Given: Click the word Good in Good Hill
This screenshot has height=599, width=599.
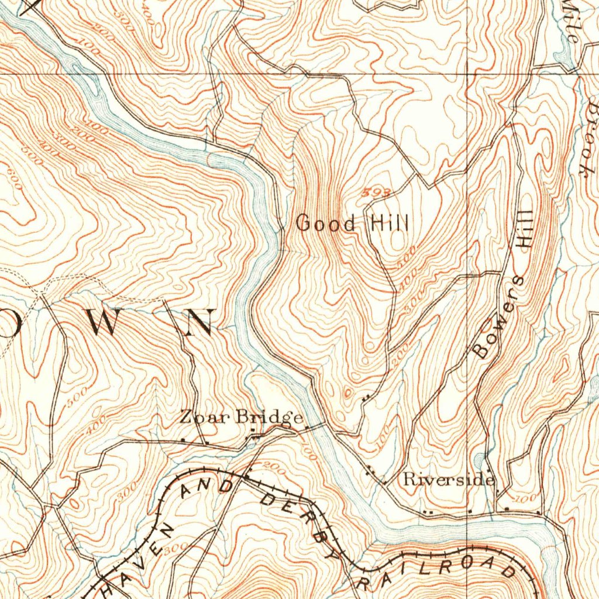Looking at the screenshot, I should pyautogui.click(x=326, y=223).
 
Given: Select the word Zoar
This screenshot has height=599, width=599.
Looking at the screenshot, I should pyautogui.click(x=205, y=417).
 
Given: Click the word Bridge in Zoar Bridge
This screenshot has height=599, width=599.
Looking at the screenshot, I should pyautogui.click(x=270, y=418).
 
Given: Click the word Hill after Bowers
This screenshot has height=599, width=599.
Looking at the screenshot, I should pyautogui.click(x=525, y=230).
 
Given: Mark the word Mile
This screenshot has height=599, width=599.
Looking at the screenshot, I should pyautogui.click(x=570, y=23).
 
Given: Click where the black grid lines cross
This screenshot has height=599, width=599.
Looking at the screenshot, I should pyautogui.click(x=467, y=74).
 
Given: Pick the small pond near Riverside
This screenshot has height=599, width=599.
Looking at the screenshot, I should pyautogui.click(x=481, y=462).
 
